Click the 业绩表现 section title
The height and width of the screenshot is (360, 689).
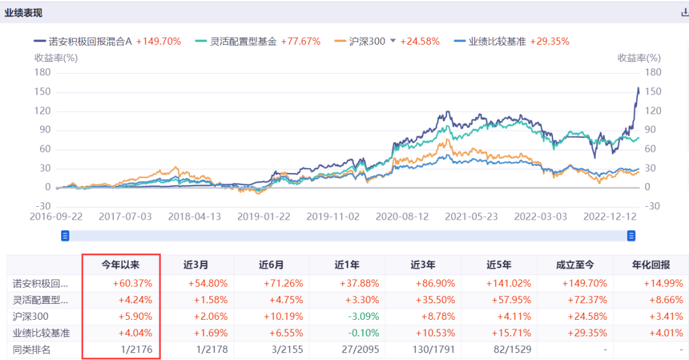[x=23, y=13]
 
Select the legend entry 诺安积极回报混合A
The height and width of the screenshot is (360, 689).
[x=90, y=41]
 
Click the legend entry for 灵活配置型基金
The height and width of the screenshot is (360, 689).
[x=243, y=41]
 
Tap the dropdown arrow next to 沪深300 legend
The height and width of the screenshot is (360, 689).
[x=393, y=40]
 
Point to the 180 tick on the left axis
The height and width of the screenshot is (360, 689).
[x=43, y=72]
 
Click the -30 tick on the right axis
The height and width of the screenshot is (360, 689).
[x=653, y=206]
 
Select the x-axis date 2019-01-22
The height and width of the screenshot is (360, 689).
[x=263, y=216]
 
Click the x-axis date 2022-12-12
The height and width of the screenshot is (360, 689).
[x=611, y=216]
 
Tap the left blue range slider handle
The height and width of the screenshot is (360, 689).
[x=65, y=236]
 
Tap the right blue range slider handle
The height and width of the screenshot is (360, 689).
[x=631, y=236]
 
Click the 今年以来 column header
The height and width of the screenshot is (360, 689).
[x=121, y=264]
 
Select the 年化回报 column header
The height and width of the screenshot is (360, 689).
[x=651, y=264]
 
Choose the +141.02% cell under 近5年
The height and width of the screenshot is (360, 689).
[x=510, y=283]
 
